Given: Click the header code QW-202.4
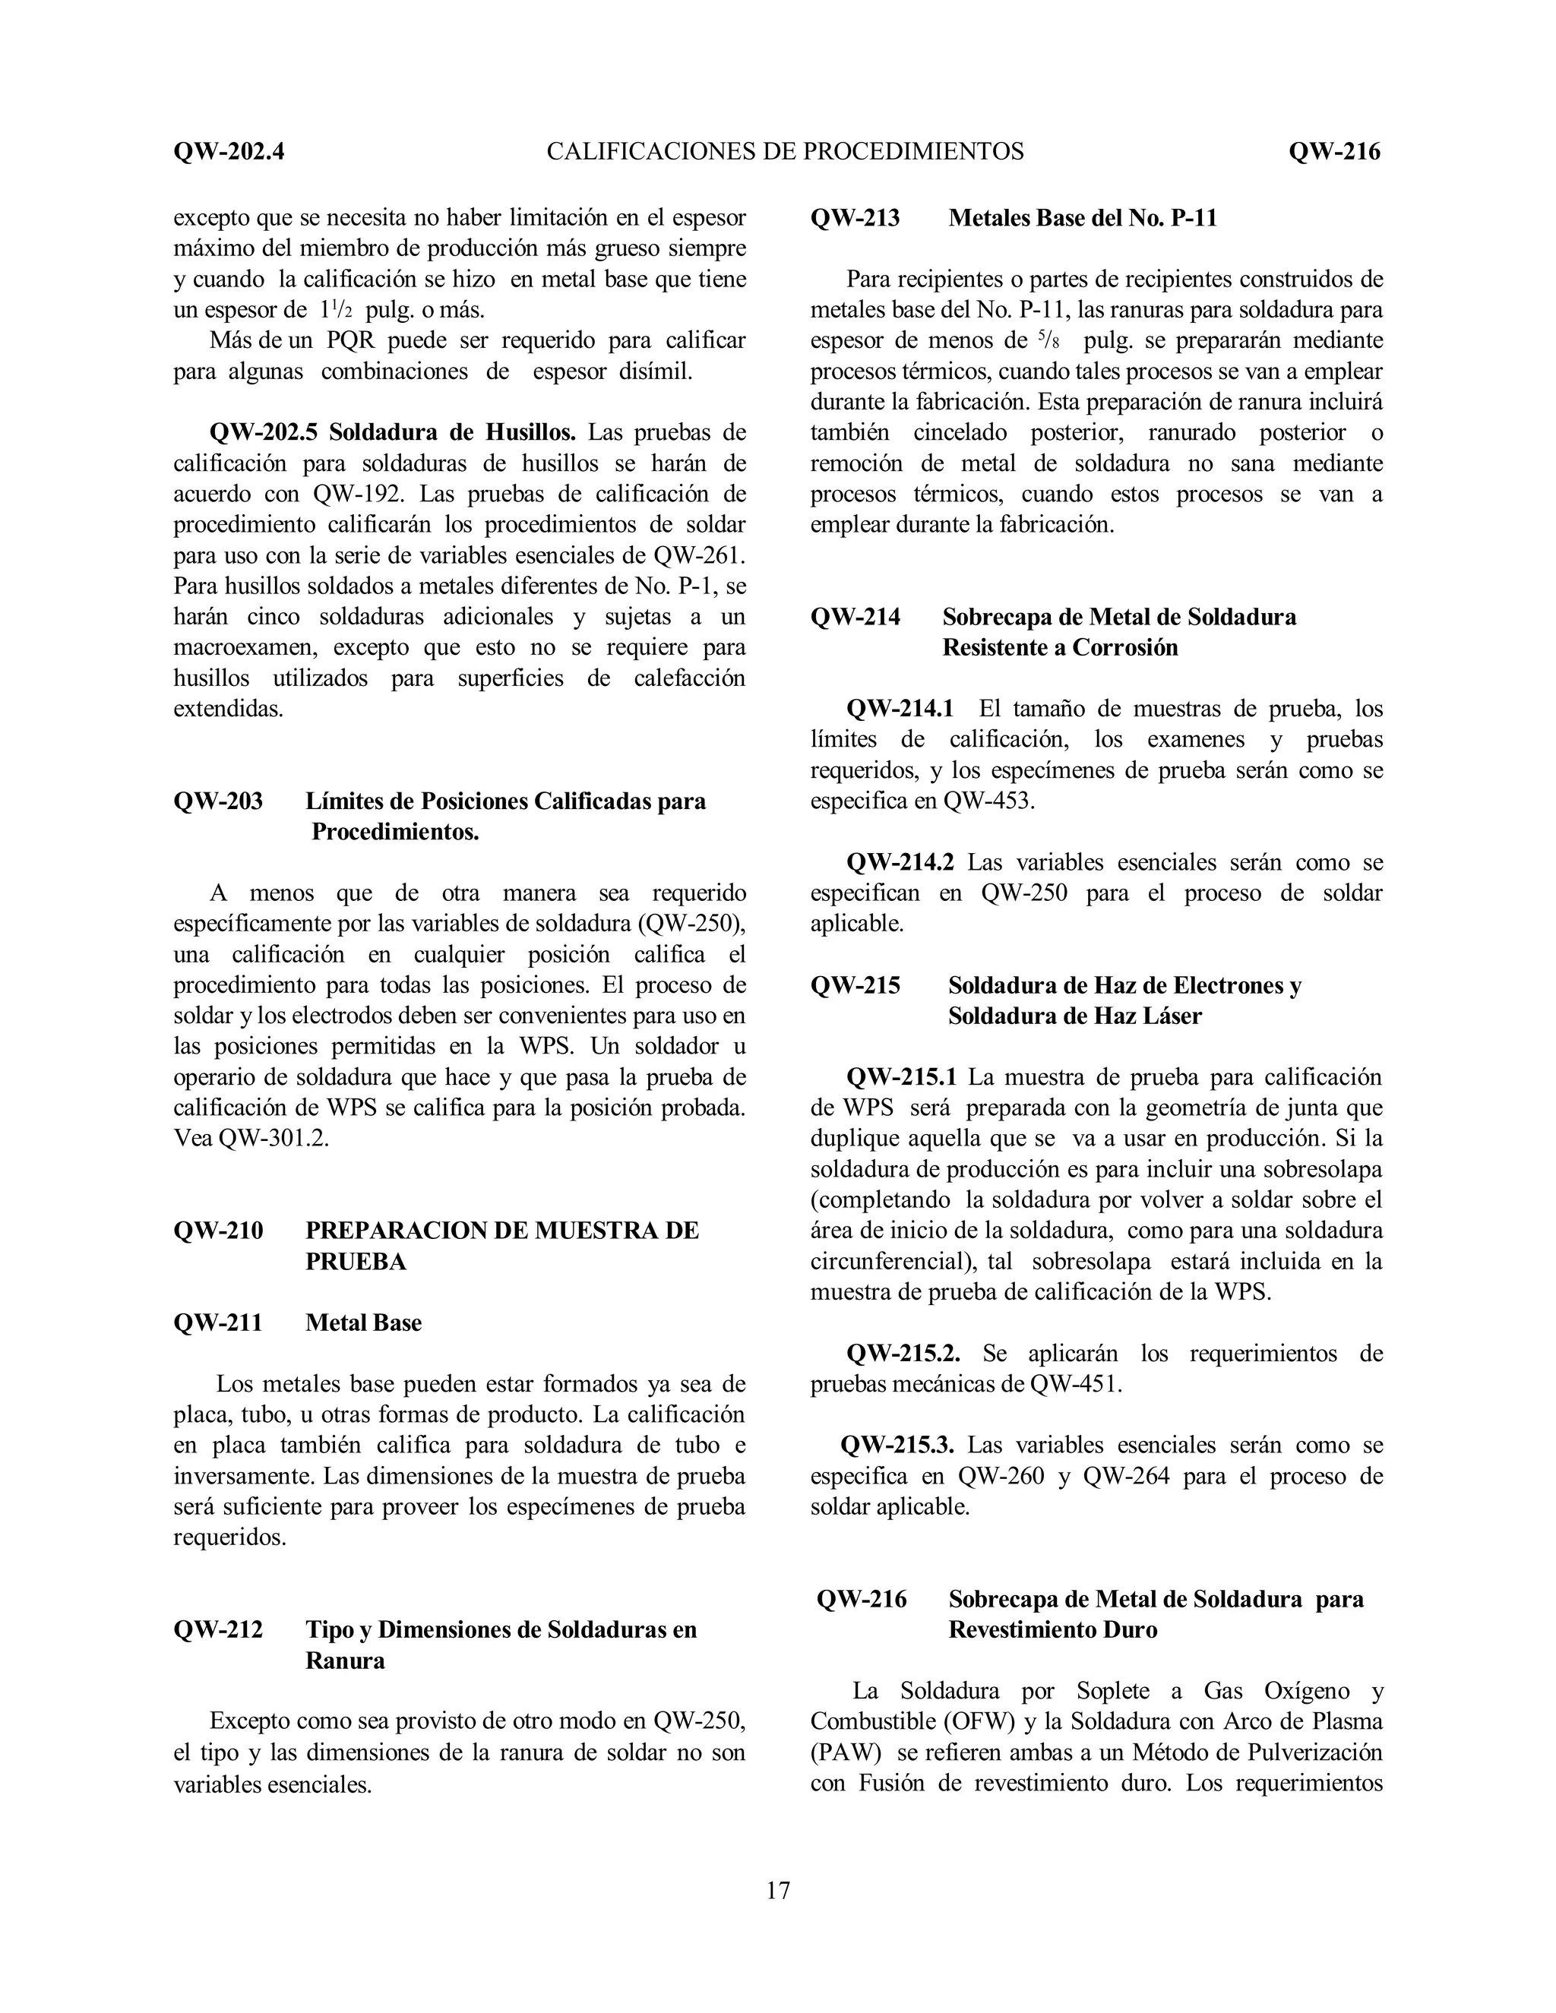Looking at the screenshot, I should pyautogui.click(x=229, y=151).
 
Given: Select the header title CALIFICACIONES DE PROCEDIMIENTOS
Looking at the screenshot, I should pyautogui.click(x=784, y=151).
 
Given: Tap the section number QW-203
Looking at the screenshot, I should pyautogui.click(x=217, y=801).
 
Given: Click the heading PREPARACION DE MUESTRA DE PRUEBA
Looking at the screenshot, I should pyautogui.click(x=501, y=1246).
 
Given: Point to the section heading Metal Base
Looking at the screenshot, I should pyautogui.click(x=363, y=1323).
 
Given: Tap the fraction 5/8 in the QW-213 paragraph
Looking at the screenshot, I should pyautogui.click(x=1047, y=340).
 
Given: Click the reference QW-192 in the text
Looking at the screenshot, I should pyautogui.click(x=357, y=494).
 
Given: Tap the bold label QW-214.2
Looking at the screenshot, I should pyautogui.click(x=900, y=863).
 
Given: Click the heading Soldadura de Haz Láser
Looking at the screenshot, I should pyautogui.click(x=1075, y=1016).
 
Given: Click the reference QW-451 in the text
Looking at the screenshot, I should pyautogui.click(x=1075, y=1384).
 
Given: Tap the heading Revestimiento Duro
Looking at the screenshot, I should pyautogui.click(x=1053, y=1629).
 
